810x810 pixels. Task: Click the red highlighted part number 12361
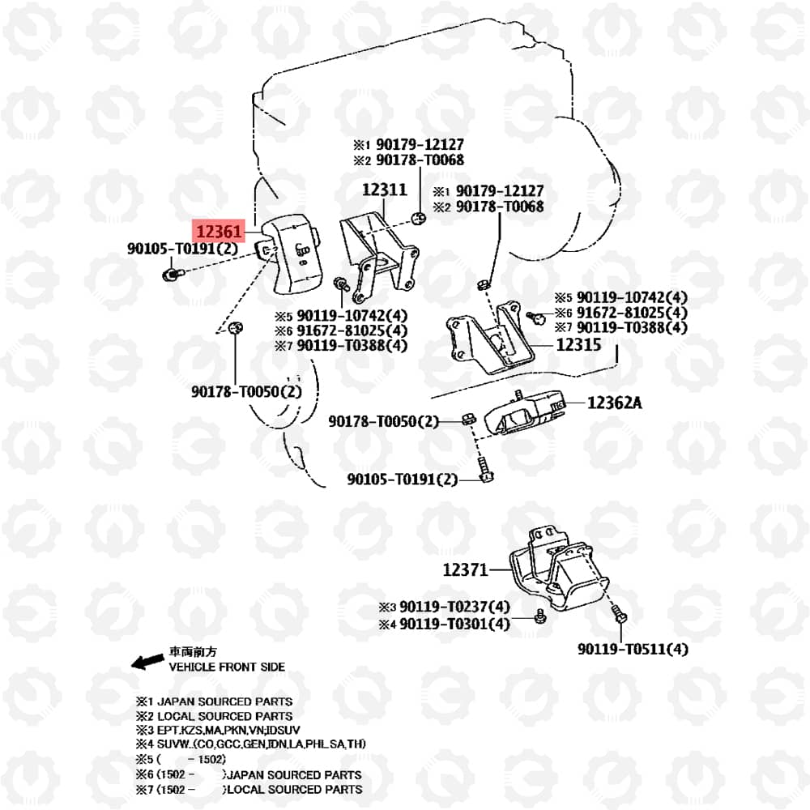click(219, 231)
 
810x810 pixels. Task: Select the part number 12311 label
click(384, 190)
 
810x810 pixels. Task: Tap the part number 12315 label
click(578, 344)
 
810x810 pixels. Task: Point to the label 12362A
click(615, 403)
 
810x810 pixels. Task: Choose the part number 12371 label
click(466, 569)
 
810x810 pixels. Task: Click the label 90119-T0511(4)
click(633, 649)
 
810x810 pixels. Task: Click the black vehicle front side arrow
click(147, 661)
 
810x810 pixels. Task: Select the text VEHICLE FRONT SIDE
click(227, 667)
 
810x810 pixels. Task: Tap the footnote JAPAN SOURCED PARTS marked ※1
click(214, 701)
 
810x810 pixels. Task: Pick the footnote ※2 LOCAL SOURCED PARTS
click(214, 716)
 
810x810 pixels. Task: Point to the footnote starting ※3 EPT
click(217, 730)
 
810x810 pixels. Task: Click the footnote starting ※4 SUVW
click(250, 744)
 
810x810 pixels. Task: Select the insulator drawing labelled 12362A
click(524, 411)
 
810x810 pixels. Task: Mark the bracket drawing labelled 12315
click(489, 338)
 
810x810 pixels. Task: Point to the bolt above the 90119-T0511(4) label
click(620, 614)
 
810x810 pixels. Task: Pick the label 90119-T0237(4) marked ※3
click(444, 607)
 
